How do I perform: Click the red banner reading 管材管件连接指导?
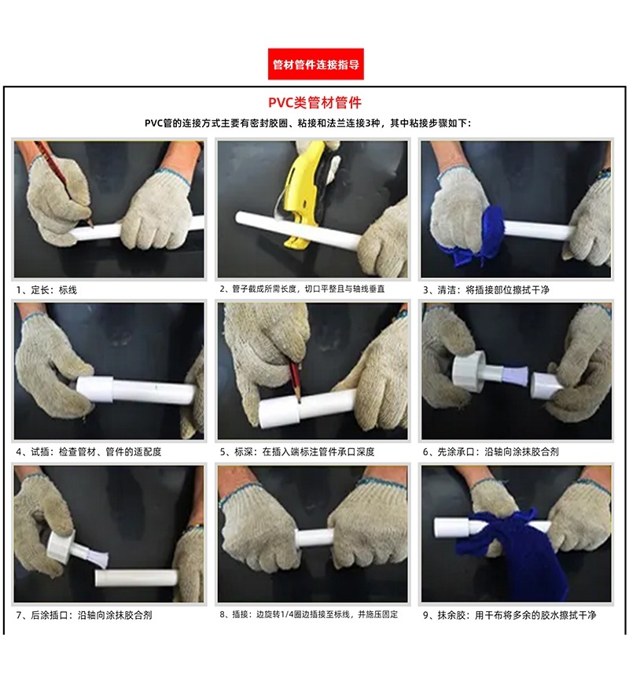point(316,64)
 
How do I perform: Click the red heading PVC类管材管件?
point(315,102)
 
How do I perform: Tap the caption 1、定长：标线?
point(47,289)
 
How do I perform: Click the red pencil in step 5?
point(295,381)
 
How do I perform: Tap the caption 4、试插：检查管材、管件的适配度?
point(89,451)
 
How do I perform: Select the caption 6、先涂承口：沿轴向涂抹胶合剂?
point(491,451)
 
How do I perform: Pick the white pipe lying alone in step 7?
point(136,578)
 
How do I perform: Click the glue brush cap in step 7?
point(60,547)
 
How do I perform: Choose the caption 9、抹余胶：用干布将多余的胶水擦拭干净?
point(509,615)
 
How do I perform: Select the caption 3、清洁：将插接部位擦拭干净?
point(486,289)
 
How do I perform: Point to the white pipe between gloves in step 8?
point(314,537)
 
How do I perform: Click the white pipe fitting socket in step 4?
point(95,389)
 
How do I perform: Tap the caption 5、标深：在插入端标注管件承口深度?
point(297,451)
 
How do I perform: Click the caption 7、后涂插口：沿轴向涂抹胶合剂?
point(84,615)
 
